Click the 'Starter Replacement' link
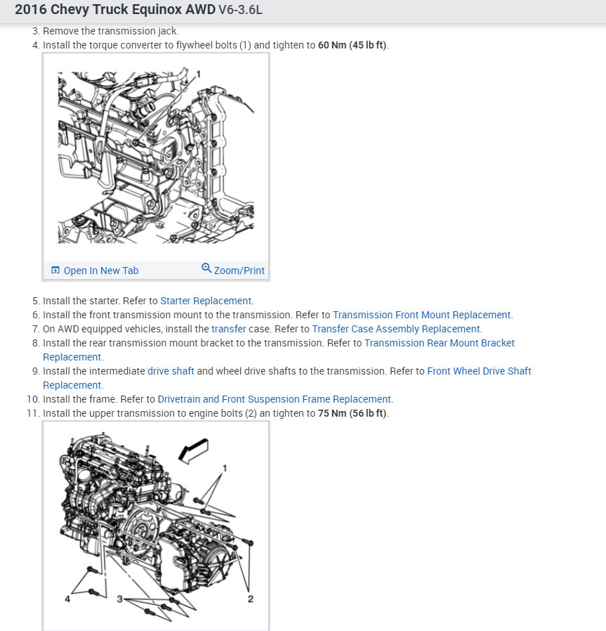pyautogui.click(x=206, y=301)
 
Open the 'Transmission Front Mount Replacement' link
pyautogui.click(x=422, y=315)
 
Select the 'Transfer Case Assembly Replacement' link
pyautogui.click(x=396, y=329)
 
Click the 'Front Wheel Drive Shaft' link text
pyautogui.click(x=479, y=371)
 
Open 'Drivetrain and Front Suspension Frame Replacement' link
pyautogui.click(x=274, y=399)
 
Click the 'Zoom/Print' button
pyautogui.click(x=239, y=271)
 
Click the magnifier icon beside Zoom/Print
pyautogui.click(x=206, y=268)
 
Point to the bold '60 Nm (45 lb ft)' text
pyautogui.click(x=353, y=45)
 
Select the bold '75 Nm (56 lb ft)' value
pyautogui.click(x=353, y=413)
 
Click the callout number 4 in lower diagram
pyautogui.click(x=67, y=599)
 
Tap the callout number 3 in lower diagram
pyautogui.click(x=120, y=599)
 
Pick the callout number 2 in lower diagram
pyautogui.click(x=250, y=599)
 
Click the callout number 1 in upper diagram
pyautogui.click(x=199, y=73)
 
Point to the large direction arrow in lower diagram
pyautogui.click(x=192, y=449)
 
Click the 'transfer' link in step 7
pyautogui.click(x=228, y=329)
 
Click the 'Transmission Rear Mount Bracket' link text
pyautogui.click(x=440, y=343)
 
